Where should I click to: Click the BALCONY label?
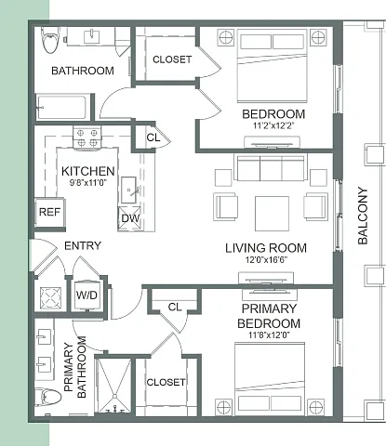pos(363,216)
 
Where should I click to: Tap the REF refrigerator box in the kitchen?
pos(50,213)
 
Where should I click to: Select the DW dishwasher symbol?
pos(129,218)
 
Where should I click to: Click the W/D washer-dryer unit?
pos(87,295)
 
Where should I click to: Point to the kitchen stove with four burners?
pos(87,138)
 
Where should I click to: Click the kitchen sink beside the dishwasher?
pos(128,190)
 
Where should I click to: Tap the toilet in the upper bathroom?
pos(50,39)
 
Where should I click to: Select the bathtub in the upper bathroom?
pos(61,107)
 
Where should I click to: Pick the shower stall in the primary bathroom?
pos(114,386)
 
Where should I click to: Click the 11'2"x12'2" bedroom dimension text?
pos(273,125)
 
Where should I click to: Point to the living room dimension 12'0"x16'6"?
pos(266,259)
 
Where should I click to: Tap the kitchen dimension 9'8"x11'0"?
pos(88,182)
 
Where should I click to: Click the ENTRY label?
pos(83,246)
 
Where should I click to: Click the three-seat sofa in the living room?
pos(271,168)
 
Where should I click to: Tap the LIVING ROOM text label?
pos(266,248)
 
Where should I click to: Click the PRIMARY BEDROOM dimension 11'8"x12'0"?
pos(269,335)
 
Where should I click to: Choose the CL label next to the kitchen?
pos(153,138)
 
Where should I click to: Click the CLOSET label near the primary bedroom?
pos(166,382)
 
